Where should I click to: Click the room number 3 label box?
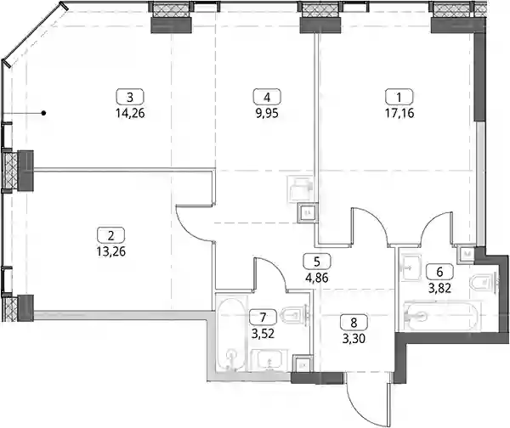click(130, 97)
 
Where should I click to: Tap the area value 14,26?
click(130, 114)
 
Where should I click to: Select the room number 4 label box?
click(267, 97)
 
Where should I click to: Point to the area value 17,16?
click(399, 114)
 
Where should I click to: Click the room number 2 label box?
click(110, 235)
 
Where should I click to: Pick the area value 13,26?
click(110, 251)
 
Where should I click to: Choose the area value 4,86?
click(317, 279)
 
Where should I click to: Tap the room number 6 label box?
click(439, 272)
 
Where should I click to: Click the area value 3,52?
click(263, 334)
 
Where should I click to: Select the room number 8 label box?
click(354, 323)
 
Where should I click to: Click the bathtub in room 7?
click(232, 333)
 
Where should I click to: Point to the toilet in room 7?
click(295, 314)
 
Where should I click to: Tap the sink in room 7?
click(269, 360)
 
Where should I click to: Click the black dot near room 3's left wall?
click(43, 113)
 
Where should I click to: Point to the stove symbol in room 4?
click(300, 189)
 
